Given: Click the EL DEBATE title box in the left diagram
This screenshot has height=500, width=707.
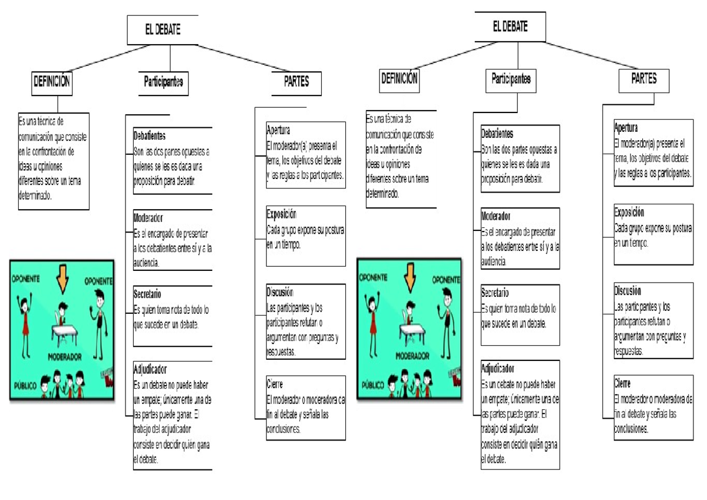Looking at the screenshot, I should [x=163, y=30].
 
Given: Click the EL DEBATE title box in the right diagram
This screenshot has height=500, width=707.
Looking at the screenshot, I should [x=510, y=27].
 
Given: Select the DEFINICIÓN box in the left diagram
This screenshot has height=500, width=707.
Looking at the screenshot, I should [x=51, y=82].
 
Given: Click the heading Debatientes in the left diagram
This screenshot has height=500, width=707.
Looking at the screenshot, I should [x=150, y=135].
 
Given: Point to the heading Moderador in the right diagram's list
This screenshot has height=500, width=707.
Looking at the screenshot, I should [x=495, y=217].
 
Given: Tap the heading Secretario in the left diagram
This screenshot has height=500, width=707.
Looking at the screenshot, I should [x=147, y=293].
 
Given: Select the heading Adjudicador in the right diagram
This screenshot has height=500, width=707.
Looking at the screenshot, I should [x=498, y=369].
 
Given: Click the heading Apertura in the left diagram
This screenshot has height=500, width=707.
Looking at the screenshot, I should [x=278, y=130].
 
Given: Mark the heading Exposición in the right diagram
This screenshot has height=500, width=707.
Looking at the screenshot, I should [x=629, y=212].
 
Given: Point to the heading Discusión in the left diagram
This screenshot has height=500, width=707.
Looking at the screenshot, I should [x=280, y=292].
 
